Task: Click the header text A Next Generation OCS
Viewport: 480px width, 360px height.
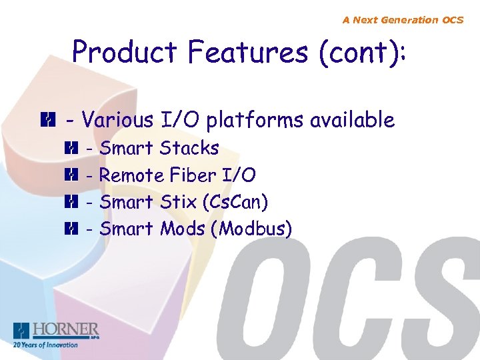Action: [403, 20]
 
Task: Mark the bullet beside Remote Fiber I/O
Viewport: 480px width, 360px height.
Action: [71, 175]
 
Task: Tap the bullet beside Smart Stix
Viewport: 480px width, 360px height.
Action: [71, 202]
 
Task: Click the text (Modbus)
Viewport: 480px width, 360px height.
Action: [251, 229]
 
